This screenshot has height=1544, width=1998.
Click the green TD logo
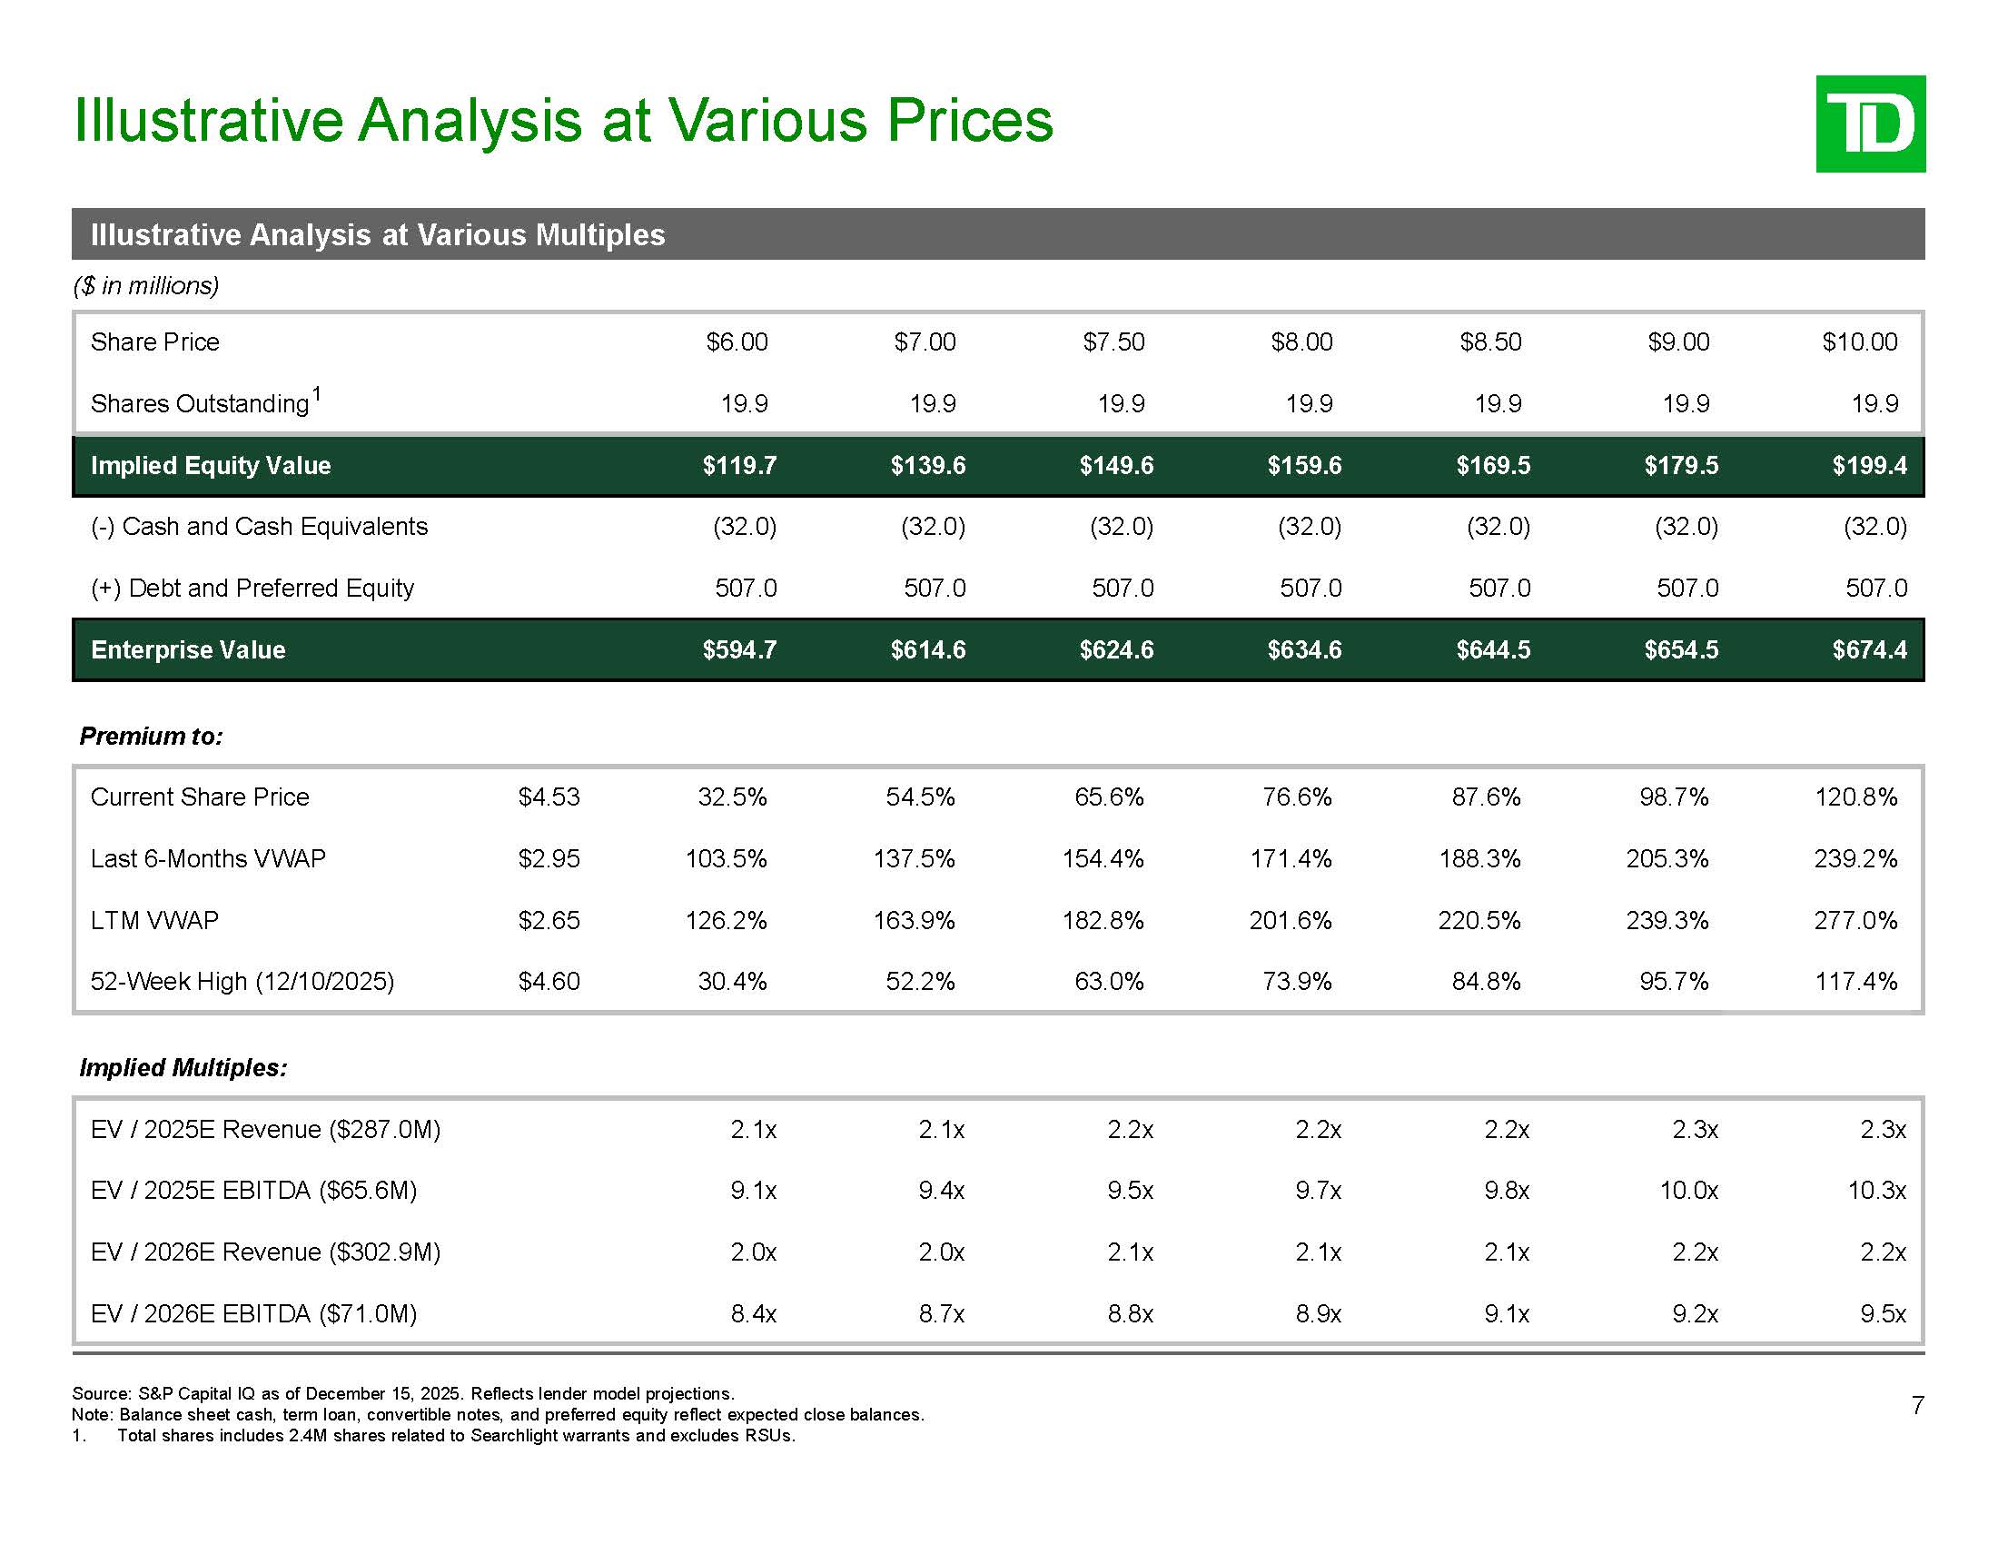pos(1870,124)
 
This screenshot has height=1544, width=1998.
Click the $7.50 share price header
pos(1113,342)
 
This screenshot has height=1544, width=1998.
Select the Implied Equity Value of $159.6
pos(1303,466)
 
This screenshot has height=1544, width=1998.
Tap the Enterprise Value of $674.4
pos(1869,650)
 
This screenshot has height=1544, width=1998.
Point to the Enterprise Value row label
pos(189,650)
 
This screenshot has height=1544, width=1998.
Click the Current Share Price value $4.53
pos(549,797)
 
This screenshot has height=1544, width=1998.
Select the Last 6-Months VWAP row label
pos(208,859)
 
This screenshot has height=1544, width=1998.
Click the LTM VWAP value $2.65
pos(549,920)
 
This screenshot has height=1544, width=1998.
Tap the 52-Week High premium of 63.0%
pos(1109,982)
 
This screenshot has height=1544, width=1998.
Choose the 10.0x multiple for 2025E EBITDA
pos(1689,1191)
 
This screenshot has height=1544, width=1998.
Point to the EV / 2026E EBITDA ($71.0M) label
pos(253,1314)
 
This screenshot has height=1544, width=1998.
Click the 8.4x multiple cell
pos(754,1314)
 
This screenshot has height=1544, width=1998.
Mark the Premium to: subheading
pos(151,737)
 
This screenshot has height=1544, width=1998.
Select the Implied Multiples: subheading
pos(183,1068)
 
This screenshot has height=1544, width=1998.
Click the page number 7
pos(1917,1405)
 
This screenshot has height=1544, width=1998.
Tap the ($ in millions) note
pos(146,286)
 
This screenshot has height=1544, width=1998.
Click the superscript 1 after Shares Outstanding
pos(317,394)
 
